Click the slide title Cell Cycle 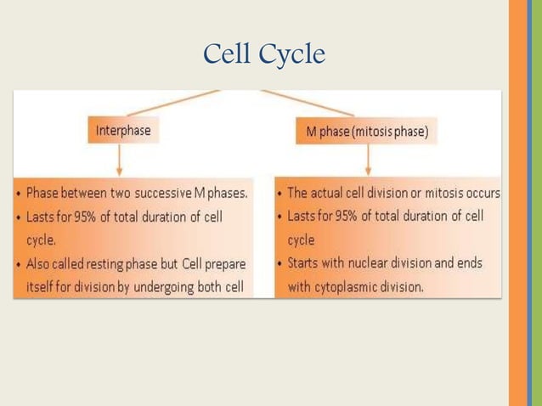(264, 54)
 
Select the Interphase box (123, 131)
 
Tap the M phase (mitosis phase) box (367, 132)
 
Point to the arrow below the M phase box (367, 161)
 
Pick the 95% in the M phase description (346, 216)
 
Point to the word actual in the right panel (334, 193)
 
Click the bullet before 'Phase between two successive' (19, 194)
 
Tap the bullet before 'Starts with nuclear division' (280, 264)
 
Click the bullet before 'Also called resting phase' (19, 264)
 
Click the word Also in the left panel (40, 264)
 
